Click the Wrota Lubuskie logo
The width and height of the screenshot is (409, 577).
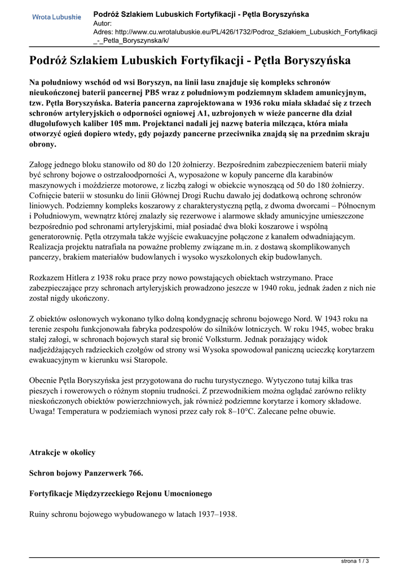click(x=56, y=17)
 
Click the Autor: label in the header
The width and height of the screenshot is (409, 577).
click(x=103, y=23)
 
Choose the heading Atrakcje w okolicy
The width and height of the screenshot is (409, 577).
click(x=62, y=452)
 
